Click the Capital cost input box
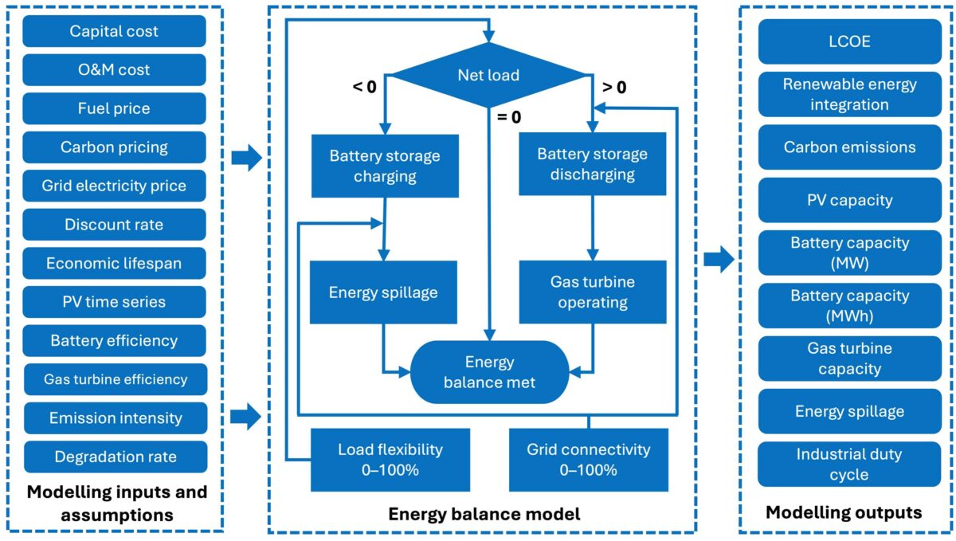click(114, 32)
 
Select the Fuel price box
click(114, 108)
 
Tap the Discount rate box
click(114, 225)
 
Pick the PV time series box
click(114, 302)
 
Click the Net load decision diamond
click(488, 76)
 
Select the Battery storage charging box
click(384, 166)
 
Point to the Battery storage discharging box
click(592, 164)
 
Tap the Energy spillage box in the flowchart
click(383, 292)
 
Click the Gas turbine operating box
click(592, 292)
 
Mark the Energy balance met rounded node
click(489, 372)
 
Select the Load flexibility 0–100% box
click(390, 460)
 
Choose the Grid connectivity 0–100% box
click(588, 460)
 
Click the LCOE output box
click(849, 41)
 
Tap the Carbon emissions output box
click(849, 147)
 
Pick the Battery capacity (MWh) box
click(849, 305)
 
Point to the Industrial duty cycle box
click(849, 465)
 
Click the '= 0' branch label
click(510, 118)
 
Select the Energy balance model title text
click(484, 515)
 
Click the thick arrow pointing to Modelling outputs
click(719, 259)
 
